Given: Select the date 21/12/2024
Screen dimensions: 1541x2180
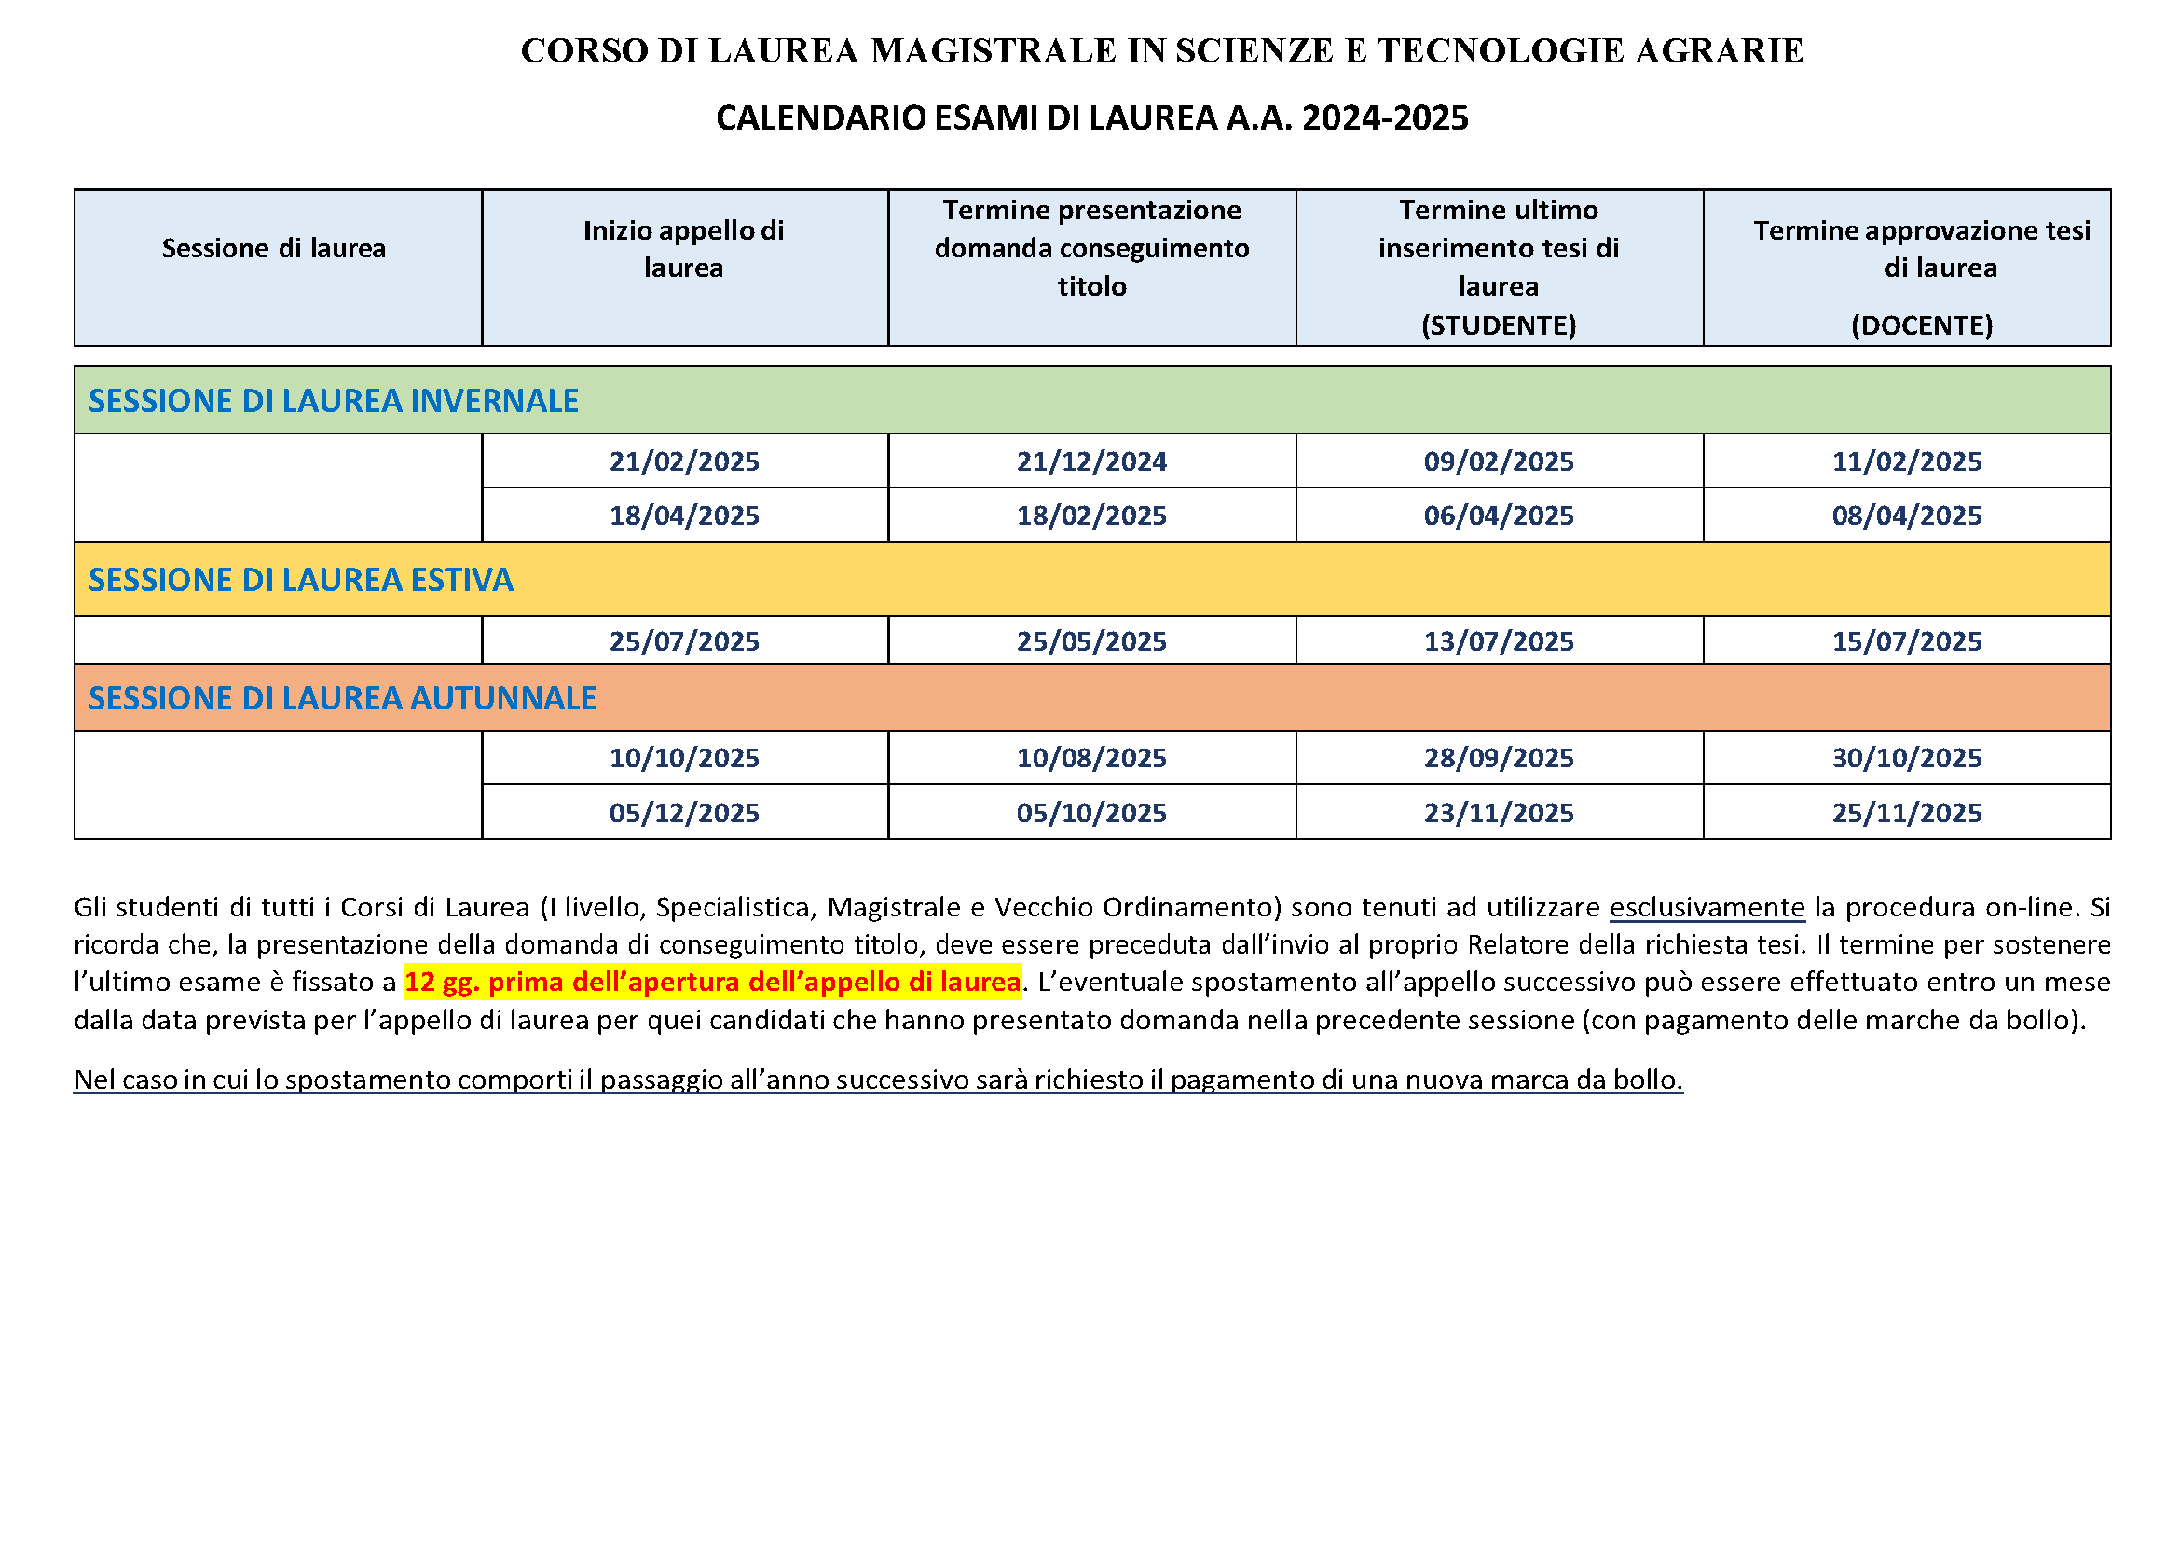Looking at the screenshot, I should point(1091,461).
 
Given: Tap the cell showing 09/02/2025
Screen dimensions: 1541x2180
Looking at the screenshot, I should point(1499,461).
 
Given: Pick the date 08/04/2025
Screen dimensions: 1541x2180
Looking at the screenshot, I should point(1907,516).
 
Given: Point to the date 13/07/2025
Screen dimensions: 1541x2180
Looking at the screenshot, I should point(1499,641).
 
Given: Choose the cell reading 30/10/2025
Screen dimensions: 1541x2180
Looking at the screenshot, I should point(1907,758).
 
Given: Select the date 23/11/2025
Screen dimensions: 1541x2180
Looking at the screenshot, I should point(1499,813).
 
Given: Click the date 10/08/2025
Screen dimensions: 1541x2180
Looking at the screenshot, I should point(1091,758).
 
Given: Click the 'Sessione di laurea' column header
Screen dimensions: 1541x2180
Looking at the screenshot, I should point(273,249).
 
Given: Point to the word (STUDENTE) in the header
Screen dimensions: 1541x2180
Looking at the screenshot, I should point(1499,325).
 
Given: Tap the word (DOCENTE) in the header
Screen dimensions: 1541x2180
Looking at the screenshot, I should point(1922,325).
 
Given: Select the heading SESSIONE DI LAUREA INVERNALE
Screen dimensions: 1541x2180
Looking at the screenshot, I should point(334,401).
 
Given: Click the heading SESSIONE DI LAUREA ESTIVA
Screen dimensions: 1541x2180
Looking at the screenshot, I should point(301,580).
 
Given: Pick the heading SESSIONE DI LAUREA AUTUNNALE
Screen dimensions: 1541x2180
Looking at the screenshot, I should point(342,699).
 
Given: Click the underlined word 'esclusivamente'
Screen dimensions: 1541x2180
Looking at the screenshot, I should point(1707,908).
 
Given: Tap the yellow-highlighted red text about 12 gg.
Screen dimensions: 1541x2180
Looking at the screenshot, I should point(712,983).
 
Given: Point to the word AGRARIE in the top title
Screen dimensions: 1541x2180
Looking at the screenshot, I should point(1719,51).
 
